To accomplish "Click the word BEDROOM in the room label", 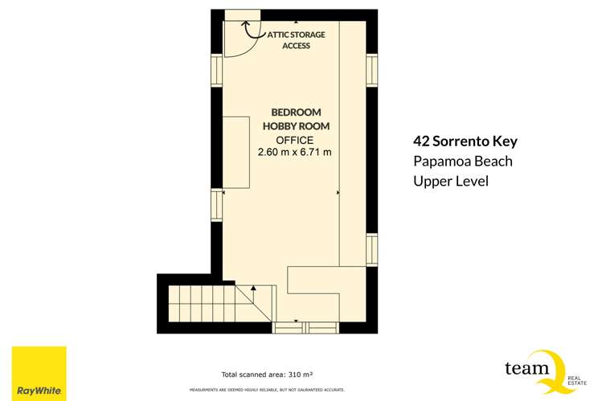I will coord(296,113).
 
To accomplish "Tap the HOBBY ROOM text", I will coord(296,126).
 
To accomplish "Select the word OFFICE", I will coord(296,140).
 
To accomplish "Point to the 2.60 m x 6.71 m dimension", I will coord(295,153).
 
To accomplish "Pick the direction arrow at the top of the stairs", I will coord(253,287).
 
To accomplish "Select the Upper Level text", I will coord(450,182).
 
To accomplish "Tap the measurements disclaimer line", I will coord(267,390).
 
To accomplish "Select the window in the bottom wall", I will coord(305,326).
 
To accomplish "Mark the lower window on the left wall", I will coord(216,205).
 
